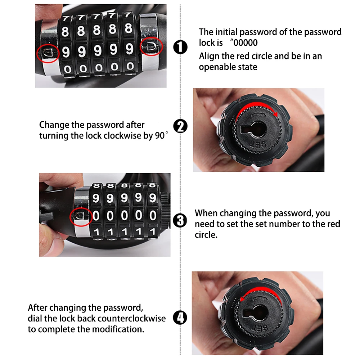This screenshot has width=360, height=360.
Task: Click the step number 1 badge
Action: (180, 47)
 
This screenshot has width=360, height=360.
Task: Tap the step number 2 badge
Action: (180, 126)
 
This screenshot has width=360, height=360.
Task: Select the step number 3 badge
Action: (180, 221)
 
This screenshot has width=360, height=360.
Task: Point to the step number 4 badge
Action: (180, 318)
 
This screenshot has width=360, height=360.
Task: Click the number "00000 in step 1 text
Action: (244, 43)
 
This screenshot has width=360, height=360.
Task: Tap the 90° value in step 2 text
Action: (161, 135)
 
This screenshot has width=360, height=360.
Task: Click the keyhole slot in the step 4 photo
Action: (255, 312)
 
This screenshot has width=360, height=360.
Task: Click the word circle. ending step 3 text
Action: (206, 235)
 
